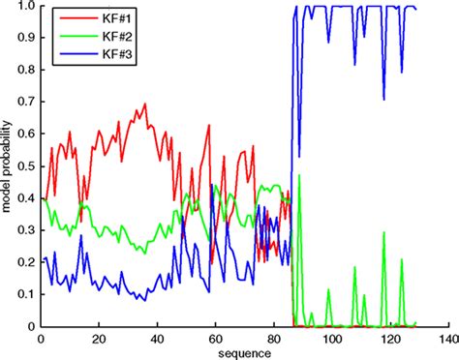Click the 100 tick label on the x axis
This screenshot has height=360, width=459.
(333, 338)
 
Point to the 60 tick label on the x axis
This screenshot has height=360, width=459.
(215, 338)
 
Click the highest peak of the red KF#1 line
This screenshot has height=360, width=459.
(145, 105)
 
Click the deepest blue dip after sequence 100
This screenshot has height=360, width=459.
(384, 100)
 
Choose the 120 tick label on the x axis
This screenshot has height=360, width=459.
(390, 338)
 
